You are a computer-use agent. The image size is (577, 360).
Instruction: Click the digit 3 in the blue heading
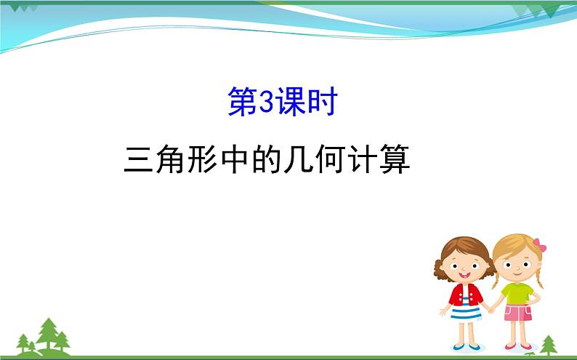pos(267,102)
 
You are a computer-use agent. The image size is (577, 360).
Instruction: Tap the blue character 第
pos(243,102)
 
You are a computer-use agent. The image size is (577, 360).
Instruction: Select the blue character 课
pos(291,102)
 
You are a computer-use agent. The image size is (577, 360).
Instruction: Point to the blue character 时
pos(323,102)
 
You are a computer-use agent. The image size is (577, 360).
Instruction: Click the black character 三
pos(138,159)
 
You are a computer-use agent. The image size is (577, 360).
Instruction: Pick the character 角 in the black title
pos(169,159)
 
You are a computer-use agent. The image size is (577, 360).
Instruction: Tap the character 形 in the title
pos(201,159)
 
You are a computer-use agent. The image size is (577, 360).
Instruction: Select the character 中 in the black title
pos(234,159)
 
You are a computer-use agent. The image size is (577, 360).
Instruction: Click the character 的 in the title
pos(266,159)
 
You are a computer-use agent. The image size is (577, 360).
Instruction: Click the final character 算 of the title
pos(395,159)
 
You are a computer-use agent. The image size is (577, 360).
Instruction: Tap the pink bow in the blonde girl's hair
pos(539,245)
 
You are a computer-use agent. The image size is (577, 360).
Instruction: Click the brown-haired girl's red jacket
pos(465,295)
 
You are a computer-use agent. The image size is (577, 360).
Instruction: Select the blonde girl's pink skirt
pos(517,313)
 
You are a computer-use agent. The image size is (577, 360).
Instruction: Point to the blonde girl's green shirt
pos(517,293)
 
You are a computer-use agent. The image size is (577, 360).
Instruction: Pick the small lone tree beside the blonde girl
pos(549,345)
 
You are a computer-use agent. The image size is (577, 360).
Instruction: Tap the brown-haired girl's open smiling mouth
pos(464,275)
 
